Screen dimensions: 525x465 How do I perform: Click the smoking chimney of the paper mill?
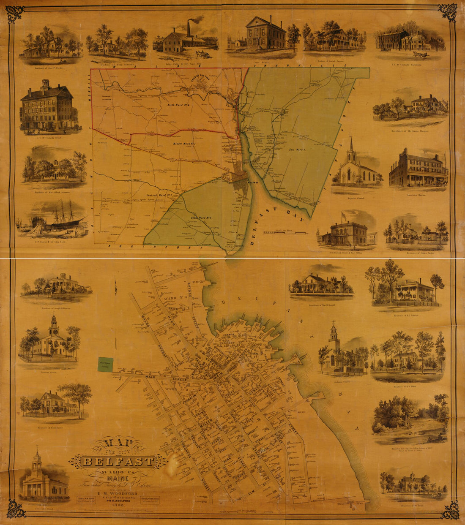tap(189, 27)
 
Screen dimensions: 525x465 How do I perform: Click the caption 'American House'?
tap(418, 196)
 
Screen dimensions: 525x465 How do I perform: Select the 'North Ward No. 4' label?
tap(179, 105)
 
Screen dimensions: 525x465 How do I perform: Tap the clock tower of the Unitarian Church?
tap(53, 325)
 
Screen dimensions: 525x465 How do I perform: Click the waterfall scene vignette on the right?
tap(409, 420)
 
